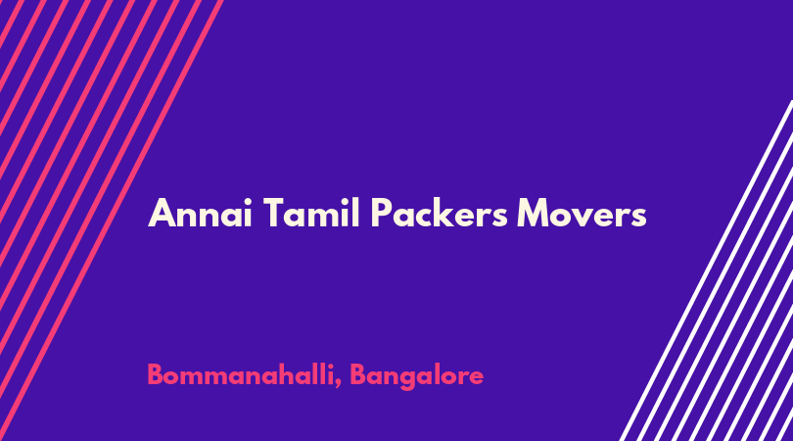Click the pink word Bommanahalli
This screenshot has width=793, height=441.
(241, 375)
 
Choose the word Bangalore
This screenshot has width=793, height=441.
(417, 376)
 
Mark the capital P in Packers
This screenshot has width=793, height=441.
(382, 214)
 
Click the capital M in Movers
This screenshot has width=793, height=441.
(534, 214)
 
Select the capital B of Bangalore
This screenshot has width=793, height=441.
(358, 375)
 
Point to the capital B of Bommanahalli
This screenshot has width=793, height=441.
(156, 375)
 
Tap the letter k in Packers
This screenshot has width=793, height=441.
(447, 212)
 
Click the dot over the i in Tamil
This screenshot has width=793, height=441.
(344, 201)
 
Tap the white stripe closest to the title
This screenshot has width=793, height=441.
(705, 270)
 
